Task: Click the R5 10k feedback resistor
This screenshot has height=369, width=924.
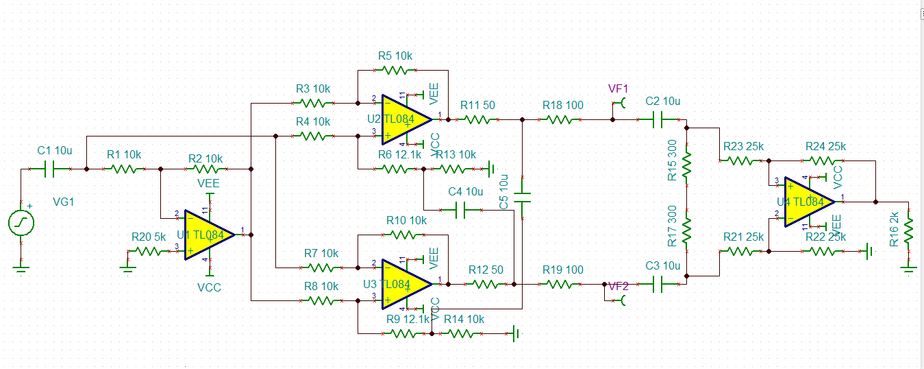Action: tap(395, 70)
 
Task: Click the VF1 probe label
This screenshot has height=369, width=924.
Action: tap(618, 89)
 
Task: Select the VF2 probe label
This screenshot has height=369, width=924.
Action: tap(618, 286)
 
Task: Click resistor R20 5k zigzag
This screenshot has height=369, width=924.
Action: tap(149, 252)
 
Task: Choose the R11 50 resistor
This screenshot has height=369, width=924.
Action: tap(477, 119)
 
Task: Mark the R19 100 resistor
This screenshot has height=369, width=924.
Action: tap(562, 283)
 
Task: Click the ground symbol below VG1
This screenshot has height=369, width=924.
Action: tap(21, 269)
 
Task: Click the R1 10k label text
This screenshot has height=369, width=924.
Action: tap(123, 155)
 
